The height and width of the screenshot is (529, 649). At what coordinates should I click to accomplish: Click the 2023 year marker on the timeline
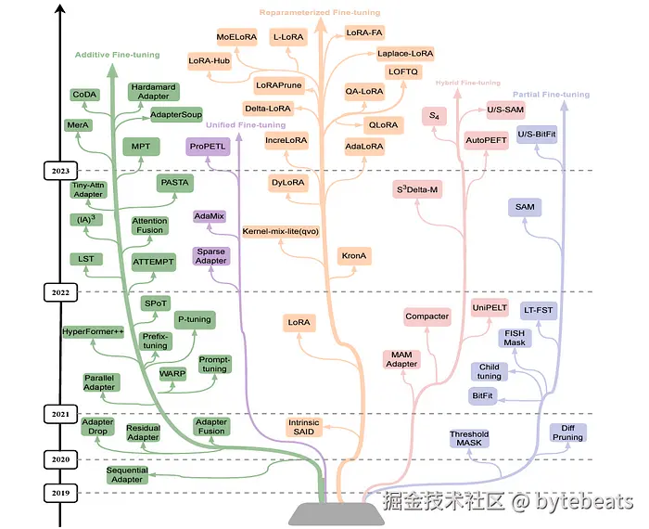[x=62, y=171]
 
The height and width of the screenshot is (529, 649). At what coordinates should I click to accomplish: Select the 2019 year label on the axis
[x=62, y=492]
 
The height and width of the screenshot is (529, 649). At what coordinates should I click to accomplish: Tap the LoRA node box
[x=299, y=322]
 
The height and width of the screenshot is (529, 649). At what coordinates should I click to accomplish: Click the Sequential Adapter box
[x=127, y=475]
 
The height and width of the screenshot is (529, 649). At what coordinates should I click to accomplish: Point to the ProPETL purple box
[x=208, y=147]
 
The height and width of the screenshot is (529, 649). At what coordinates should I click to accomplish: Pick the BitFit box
[x=482, y=394]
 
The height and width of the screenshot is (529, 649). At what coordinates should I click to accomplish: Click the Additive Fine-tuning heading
[x=117, y=56]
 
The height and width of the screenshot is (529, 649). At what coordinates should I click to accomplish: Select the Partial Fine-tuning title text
[x=551, y=95]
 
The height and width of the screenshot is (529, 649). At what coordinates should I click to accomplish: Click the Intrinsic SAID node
[x=303, y=428]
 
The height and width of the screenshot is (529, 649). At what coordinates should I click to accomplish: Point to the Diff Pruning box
[x=567, y=432]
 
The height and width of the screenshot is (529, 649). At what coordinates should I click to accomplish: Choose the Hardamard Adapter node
[x=153, y=91]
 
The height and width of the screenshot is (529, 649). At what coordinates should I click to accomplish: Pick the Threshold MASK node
[x=468, y=439]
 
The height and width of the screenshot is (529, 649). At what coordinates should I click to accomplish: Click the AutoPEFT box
[x=486, y=139]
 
